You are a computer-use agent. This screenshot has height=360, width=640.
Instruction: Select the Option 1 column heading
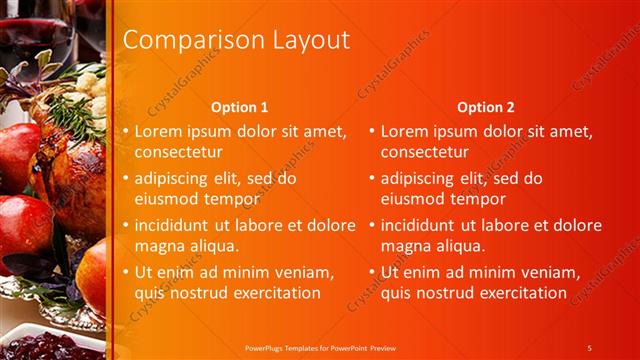(x=240, y=107)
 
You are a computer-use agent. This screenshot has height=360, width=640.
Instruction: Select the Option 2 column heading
(x=485, y=107)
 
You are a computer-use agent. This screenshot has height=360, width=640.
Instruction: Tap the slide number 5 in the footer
(x=590, y=347)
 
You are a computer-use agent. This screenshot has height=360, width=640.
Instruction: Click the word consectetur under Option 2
(x=424, y=152)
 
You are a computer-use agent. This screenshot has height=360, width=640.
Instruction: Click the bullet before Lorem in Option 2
(x=372, y=131)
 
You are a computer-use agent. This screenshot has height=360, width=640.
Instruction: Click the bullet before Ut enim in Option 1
(x=125, y=272)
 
